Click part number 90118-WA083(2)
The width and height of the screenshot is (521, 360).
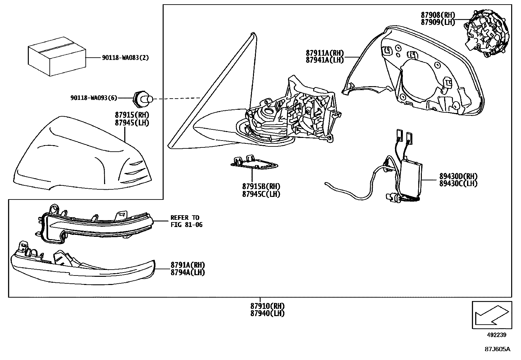125,58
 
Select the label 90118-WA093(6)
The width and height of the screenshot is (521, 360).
94,98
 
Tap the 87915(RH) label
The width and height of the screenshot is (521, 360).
132,115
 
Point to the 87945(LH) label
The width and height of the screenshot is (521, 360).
132,123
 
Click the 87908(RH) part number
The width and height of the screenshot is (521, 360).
438,15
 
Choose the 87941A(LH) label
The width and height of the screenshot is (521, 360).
325,60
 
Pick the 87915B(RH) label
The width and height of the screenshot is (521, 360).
261,186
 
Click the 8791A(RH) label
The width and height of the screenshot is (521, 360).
188,265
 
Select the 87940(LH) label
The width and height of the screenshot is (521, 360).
267,313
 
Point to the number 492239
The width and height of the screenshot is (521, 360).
497,335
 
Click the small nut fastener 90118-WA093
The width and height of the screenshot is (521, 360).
142,98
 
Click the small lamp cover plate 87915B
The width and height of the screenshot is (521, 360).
254,163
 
